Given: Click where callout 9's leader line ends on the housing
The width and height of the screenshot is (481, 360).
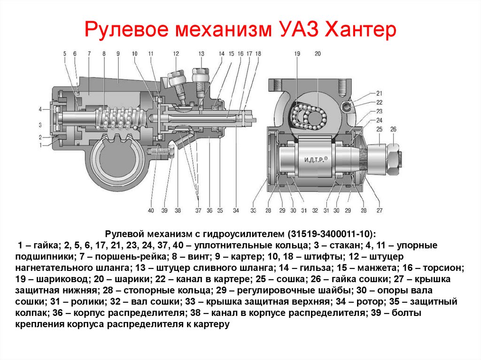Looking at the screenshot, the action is coord(118,82).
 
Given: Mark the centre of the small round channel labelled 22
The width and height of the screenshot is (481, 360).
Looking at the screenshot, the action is coord(347,106).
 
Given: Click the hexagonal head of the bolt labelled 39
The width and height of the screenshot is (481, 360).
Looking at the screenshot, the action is coord(171,152).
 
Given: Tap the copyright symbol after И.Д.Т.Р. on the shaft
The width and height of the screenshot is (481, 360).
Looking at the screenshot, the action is coord(326,159).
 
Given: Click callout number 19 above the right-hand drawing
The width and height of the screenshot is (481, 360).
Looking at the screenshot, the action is coord(297,54).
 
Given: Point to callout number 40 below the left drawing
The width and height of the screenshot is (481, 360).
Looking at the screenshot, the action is coord(151,210).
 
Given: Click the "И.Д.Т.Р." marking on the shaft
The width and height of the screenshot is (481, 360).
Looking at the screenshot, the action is coord(314,160).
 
